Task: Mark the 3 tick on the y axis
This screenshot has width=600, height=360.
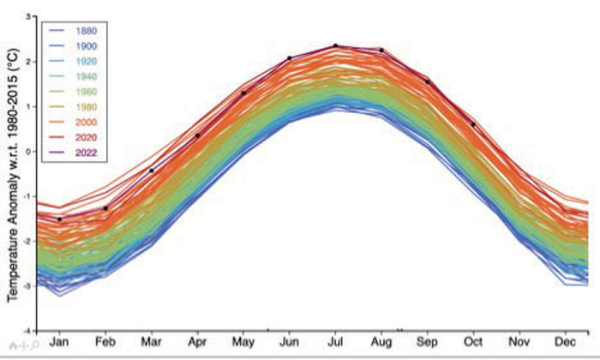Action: point(28,17)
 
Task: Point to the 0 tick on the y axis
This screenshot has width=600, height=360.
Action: point(28,152)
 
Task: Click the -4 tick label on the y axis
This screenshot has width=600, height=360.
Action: point(27,330)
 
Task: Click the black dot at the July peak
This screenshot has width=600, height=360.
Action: point(335,45)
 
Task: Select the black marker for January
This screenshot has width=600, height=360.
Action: point(59,219)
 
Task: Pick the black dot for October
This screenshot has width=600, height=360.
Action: point(472,124)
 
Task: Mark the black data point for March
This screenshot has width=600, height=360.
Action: point(152,171)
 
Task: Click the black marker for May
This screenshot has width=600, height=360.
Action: point(243,93)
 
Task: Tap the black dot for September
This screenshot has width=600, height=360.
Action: point(427,81)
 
